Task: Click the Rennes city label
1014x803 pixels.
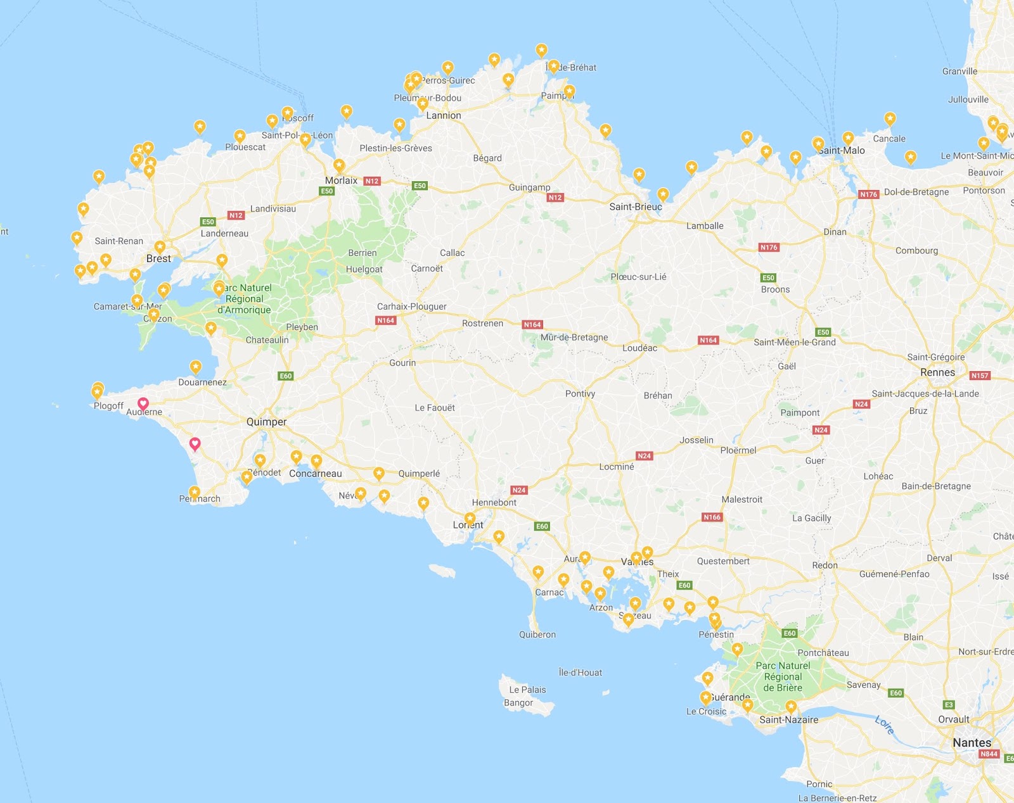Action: [x=937, y=372]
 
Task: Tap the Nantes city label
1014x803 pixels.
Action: [x=972, y=742]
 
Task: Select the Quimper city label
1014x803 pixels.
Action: [x=266, y=422]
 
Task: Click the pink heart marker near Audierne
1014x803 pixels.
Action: [x=143, y=403]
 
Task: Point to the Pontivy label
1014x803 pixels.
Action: [x=580, y=393]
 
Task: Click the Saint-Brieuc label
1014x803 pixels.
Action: [x=635, y=206]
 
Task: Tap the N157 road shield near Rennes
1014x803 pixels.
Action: [x=980, y=376]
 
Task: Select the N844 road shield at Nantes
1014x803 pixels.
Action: [x=989, y=754]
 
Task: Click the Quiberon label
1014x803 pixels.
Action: [x=537, y=635]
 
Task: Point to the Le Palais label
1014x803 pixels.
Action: [x=527, y=690]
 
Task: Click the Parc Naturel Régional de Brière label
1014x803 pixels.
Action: [x=783, y=676]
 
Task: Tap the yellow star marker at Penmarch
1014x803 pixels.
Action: [x=195, y=492]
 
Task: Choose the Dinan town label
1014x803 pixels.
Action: [x=835, y=232]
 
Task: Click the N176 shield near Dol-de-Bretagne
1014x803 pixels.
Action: [x=868, y=194]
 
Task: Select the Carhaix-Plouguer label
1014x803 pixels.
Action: [x=411, y=307]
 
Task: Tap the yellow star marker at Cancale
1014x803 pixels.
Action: [x=890, y=118]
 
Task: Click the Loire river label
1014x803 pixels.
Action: [x=884, y=724]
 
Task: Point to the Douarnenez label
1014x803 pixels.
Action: [x=202, y=382]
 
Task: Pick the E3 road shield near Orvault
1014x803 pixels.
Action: [x=949, y=705]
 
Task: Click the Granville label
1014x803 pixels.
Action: [x=959, y=71]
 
